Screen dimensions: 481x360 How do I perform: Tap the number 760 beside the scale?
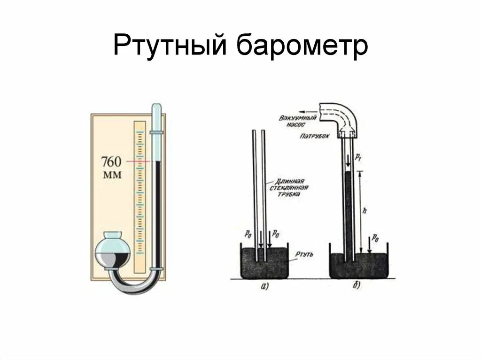pos(111,162)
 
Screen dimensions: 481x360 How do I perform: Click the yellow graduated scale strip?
pos(139,197)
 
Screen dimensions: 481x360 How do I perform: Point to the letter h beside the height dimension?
pos(365,211)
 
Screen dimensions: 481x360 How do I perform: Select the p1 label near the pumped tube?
pos(358,157)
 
